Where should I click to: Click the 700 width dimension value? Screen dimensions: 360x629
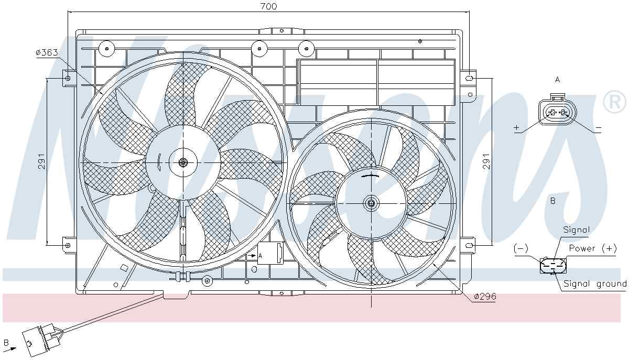tap(268, 6)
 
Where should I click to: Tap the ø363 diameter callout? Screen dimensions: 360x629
tap(47, 53)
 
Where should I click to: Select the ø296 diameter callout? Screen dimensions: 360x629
tap(484, 297)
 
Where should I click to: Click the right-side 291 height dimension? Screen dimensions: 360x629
tap(486, 161)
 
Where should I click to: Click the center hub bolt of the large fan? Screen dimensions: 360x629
tap(183, 162)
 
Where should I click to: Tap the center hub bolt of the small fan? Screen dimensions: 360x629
tap(371, 203)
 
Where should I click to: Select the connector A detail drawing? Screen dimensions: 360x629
tap(557, 113)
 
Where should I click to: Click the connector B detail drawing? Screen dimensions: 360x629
tap(553, 266)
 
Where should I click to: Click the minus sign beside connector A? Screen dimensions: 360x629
tap(598, 128)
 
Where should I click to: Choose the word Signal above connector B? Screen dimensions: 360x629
tap(576, 230)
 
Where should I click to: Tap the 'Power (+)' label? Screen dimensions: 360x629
tap(593, 248)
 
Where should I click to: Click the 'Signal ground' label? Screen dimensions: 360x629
tap(594, 284)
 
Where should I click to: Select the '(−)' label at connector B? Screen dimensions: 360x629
tap(521, 248)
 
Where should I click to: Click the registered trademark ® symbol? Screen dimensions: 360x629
tap(615, 102)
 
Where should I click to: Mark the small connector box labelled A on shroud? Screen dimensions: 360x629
tap(271, 254)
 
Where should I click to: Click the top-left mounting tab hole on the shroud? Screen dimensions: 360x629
tap(67, 78)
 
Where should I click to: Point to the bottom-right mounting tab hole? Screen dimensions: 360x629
tap(469, 244)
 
